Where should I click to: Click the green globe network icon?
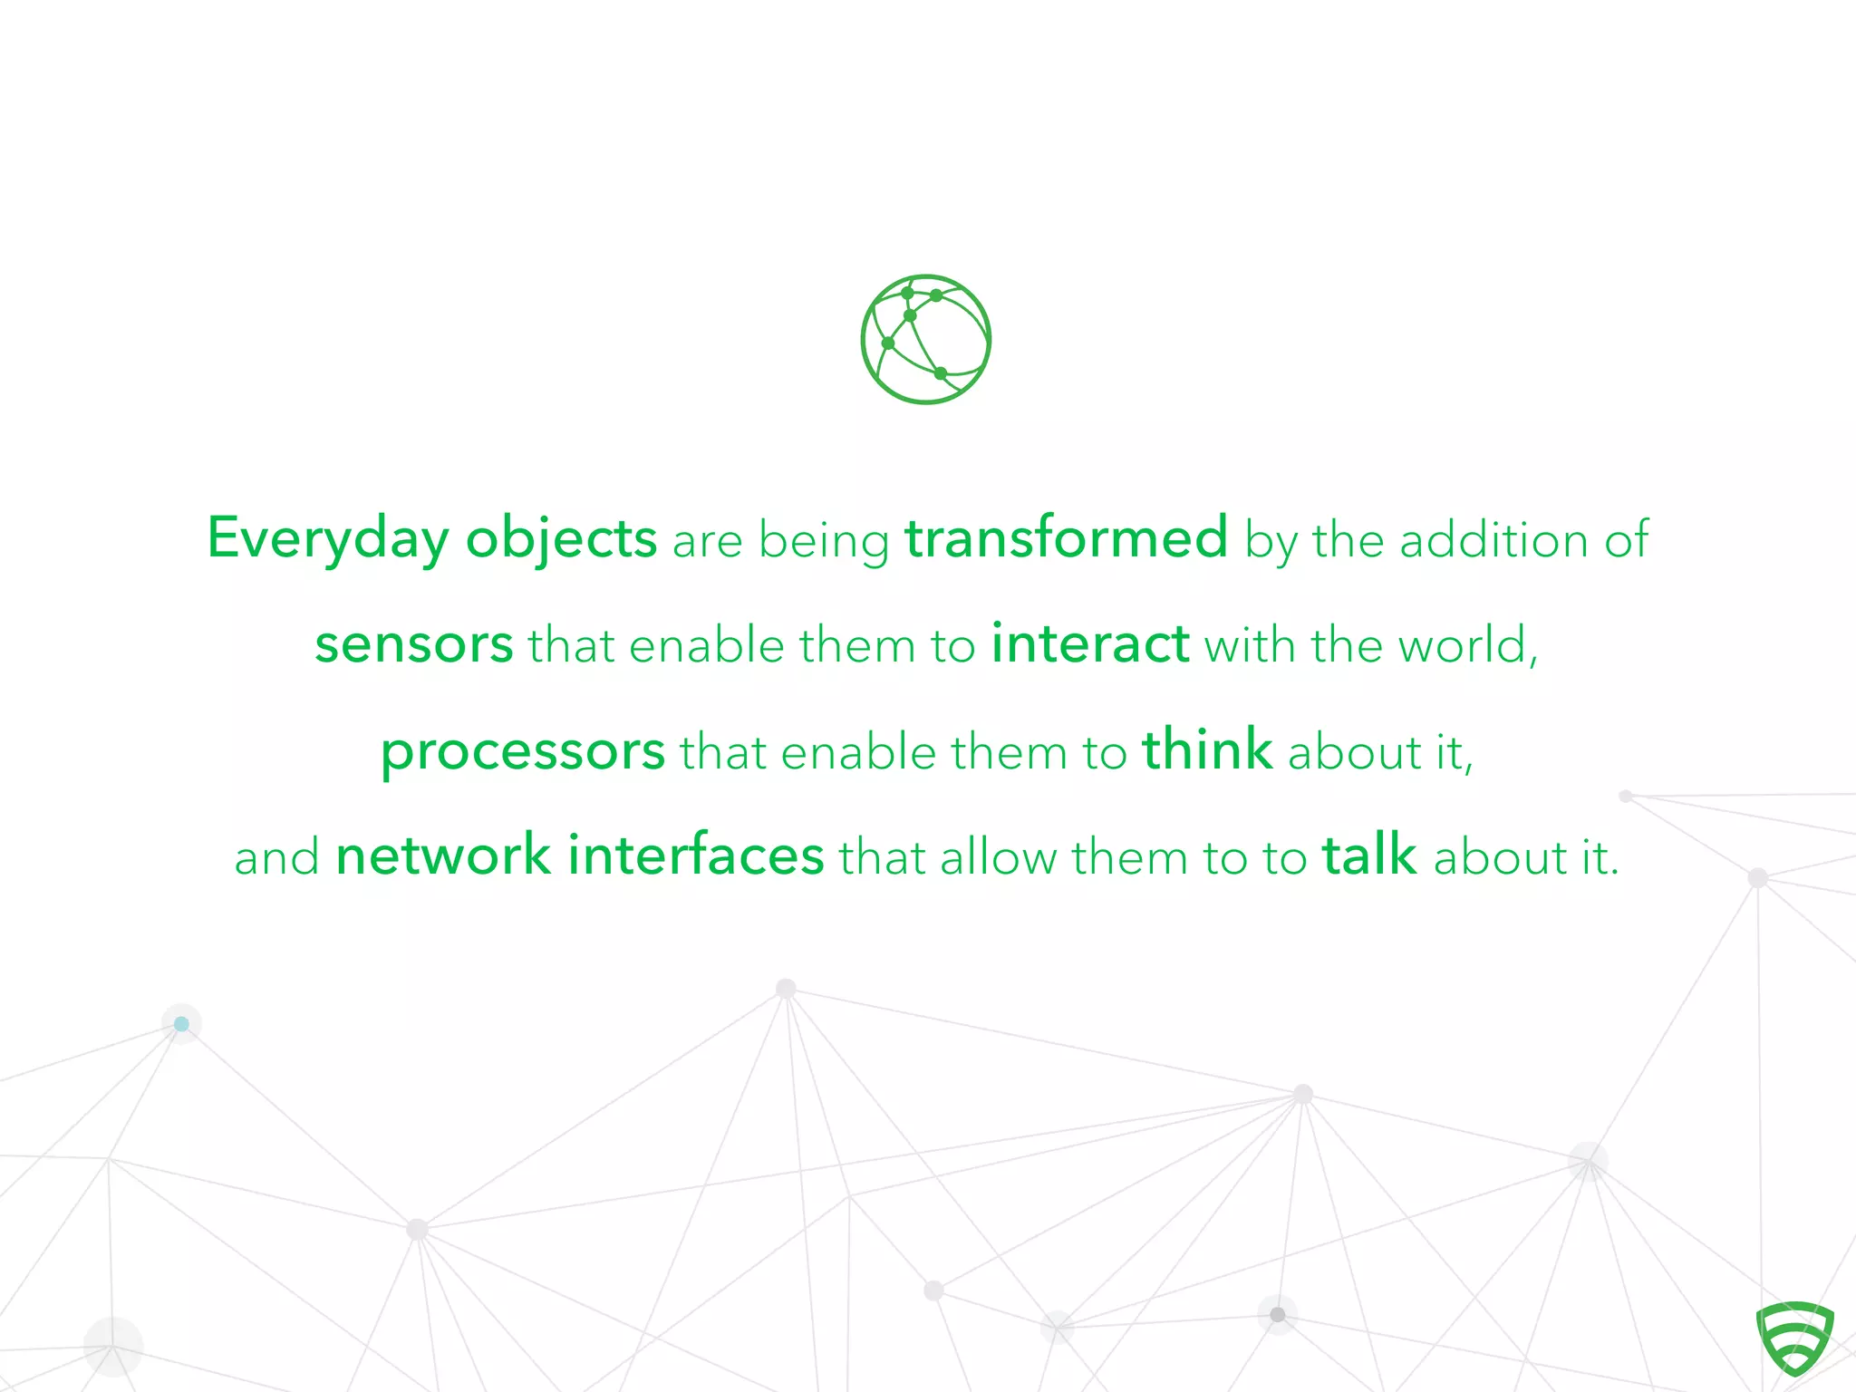click(925, 339)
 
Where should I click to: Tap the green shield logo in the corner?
click(1794, 1338)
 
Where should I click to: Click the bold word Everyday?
click(327, 539)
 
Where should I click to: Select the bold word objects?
click(561, 539)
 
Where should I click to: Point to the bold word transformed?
click(1067, 537)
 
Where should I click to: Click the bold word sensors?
click(414, 645)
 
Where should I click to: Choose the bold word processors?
click(523, 752)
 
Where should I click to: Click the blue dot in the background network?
click(181, 1024)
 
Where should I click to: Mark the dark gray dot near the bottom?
click(1278, 1314)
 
